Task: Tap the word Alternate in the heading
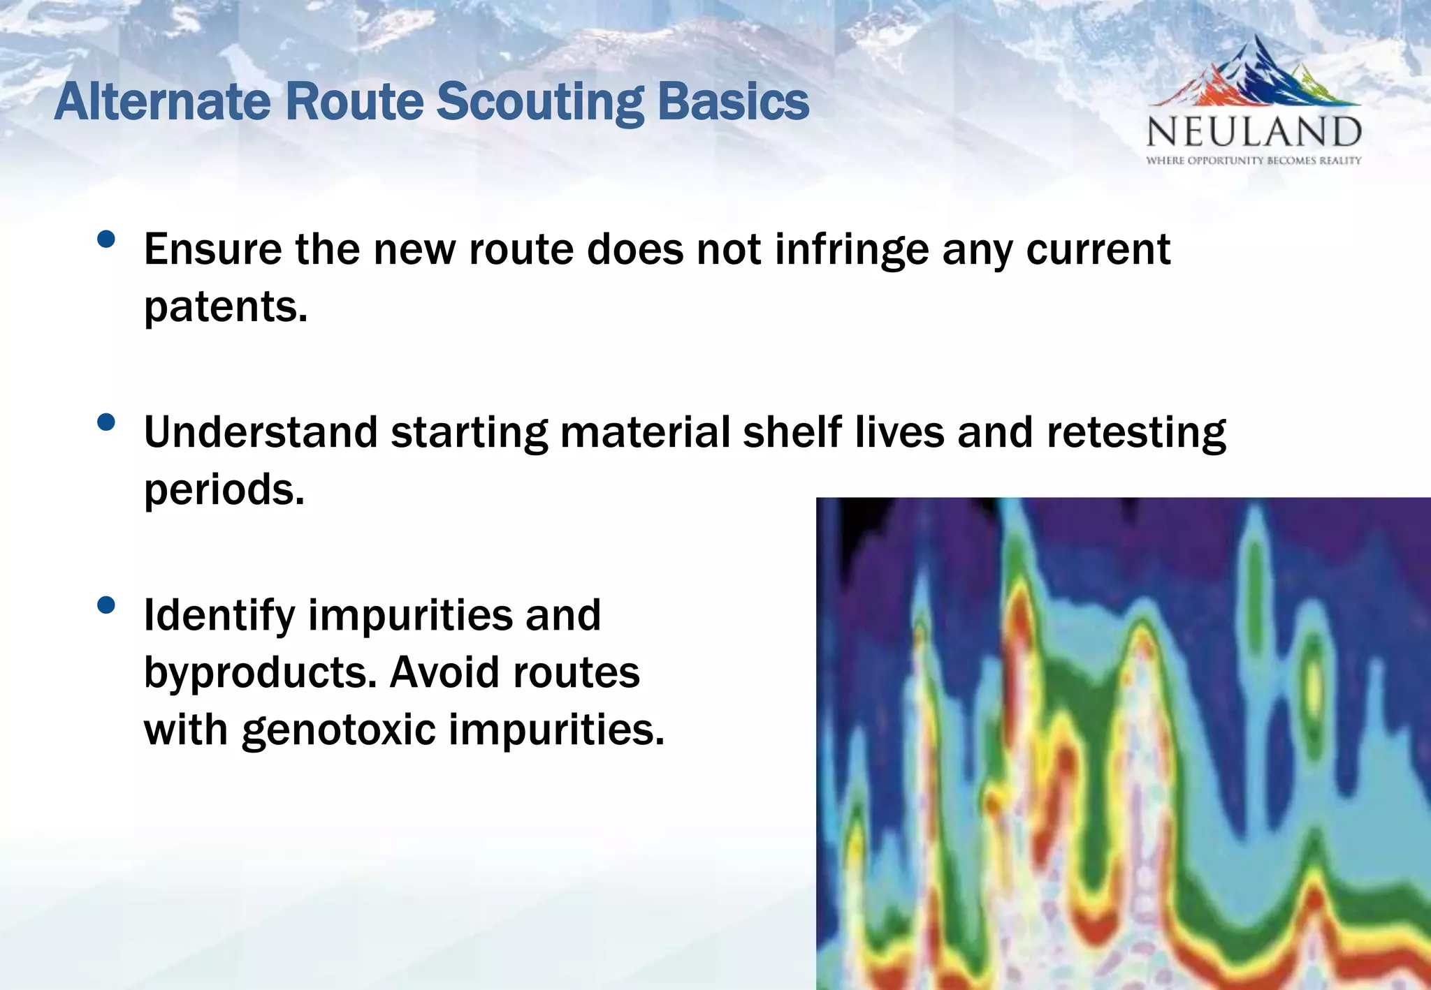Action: point(162,103)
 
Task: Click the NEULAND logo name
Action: point(1254,133)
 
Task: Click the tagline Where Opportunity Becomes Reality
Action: point(1254,161)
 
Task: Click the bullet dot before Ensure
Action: point(106,239)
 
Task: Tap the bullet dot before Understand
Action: point(106,422)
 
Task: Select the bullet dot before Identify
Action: point(106,605)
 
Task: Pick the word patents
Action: point(225,307)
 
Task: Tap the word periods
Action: point(224,490)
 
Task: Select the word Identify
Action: point(219,616)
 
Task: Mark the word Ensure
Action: point(212,250)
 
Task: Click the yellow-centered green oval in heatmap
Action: point(1314,684)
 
